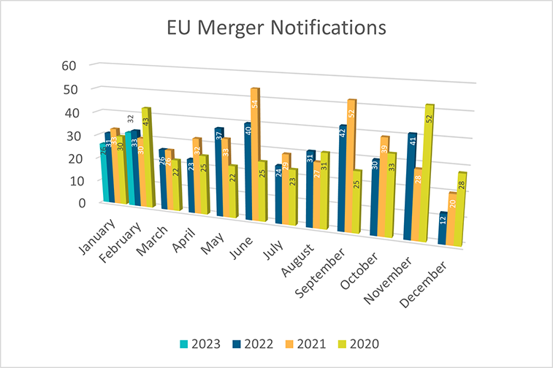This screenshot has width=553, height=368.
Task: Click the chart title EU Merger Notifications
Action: (275, 28)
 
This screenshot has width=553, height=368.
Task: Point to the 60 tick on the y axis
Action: (69, 65)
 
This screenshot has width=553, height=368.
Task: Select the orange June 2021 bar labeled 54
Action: (254, 153)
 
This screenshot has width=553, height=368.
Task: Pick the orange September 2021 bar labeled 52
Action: (351, 164)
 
